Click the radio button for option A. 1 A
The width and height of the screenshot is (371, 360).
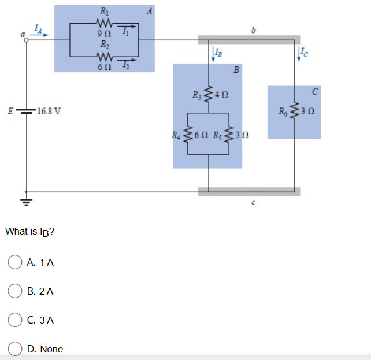(x=14, y=262)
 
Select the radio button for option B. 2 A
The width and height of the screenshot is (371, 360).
(x=14, y=291)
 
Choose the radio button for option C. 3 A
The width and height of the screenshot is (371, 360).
(x=14, y=320)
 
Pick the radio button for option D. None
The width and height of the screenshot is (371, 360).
(x=14, y=348)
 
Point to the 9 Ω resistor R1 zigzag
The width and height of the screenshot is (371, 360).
(x=105, y=23)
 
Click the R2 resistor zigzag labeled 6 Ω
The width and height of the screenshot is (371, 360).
(x=105, y=57)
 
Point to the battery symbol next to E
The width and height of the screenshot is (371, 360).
(x=26, y=111)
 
